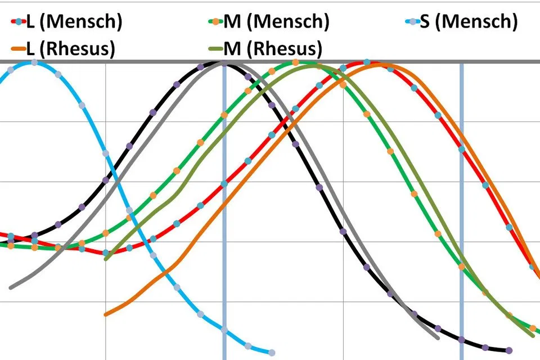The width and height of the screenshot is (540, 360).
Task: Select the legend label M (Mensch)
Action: tap(276, 22)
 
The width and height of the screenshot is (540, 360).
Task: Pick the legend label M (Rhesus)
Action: tap(273, 48)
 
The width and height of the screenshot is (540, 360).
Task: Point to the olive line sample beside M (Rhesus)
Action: tap(215, 48)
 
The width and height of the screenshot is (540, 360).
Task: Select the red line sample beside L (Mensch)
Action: tap(18, 22)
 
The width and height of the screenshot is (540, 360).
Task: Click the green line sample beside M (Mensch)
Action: tap(215, 22)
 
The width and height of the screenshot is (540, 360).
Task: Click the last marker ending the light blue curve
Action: tap(272, 353)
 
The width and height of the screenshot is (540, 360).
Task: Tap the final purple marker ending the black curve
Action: tap(509, 350)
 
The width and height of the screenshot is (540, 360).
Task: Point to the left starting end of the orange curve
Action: tap(106, 314)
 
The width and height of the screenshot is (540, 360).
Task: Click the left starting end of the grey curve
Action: tap(11, 287)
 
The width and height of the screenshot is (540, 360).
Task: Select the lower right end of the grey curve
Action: tap(438, 337)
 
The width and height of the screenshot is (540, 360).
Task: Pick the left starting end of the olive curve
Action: tap(106, 258)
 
